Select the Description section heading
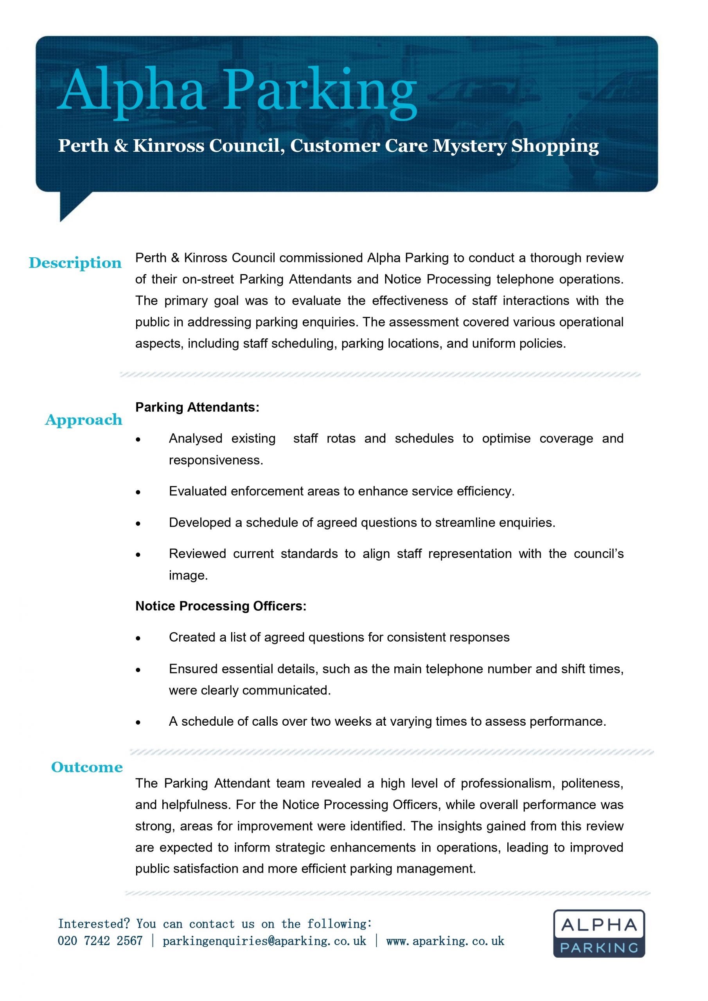(x=75, y=263)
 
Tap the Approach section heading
(x=84, y=420)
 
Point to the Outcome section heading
(x=87, y=767)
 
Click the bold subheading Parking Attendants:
(x=197, y=407)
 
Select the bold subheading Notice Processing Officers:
(x=221, y=606)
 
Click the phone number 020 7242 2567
(x=101, y=941)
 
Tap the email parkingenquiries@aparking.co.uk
(x=264, y=941)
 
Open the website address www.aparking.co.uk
(x=445, y=941)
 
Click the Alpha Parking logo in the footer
(x=598, y=933)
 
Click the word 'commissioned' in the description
(x=321, y=258)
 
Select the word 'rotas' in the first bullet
(x=341, y=439)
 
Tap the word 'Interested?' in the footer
(x=94, y=924)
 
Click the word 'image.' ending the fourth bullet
(x=189, y=576)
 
